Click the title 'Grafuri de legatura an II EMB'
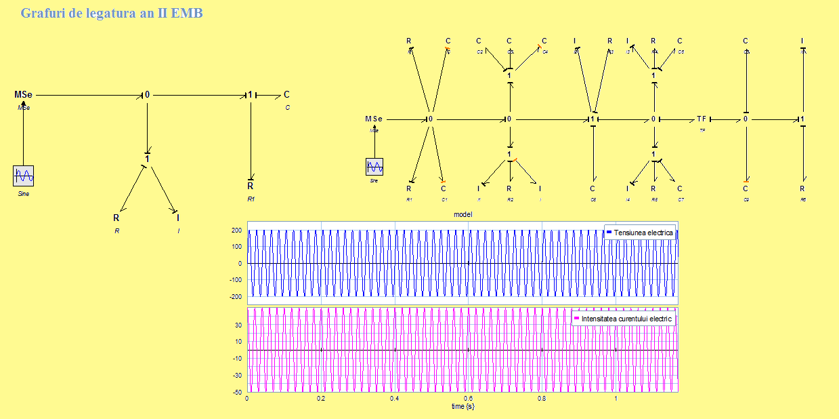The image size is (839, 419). click(111, 13)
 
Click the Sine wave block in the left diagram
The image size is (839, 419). click(23, 176)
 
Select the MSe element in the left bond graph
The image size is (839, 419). click(23, 95)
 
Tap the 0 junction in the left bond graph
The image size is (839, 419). click(147, 95)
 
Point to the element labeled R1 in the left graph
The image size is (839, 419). click(250, 186)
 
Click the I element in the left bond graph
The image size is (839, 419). click(178, 218)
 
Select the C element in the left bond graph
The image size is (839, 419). click(286, 95)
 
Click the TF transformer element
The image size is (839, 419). click(702, 119)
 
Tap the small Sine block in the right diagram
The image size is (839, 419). click(374, 166)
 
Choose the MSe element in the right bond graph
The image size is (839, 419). click(374, 119)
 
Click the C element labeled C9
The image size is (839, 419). click(746, 189)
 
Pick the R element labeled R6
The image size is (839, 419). click(802, 189)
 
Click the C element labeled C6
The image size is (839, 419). click(593, 189)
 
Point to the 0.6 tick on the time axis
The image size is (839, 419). click(468, 399)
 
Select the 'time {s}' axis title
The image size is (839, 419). click(463, 406)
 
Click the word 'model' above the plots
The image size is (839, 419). click(462, 214)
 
